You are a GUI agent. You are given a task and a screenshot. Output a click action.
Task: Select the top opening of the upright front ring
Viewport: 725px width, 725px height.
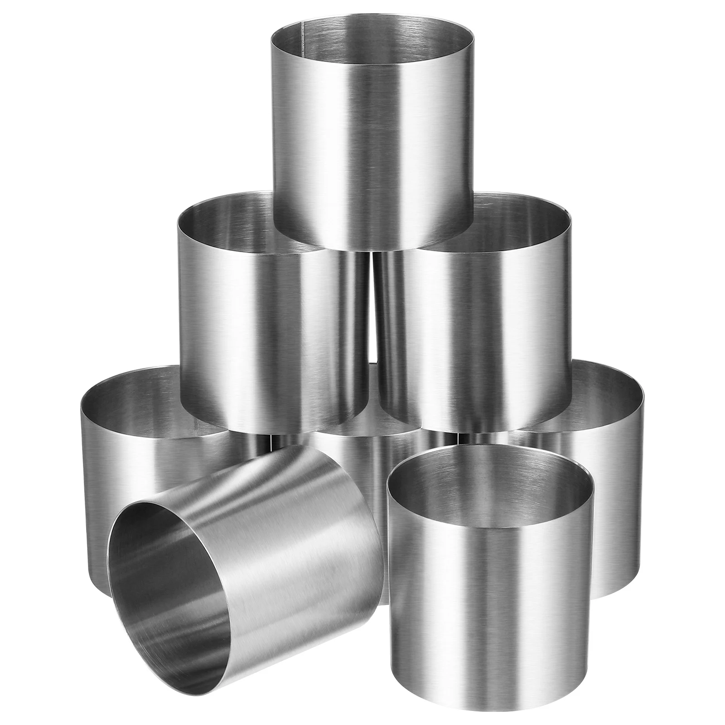(x=489, y=480)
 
